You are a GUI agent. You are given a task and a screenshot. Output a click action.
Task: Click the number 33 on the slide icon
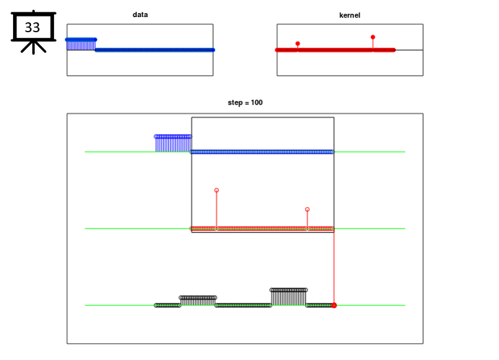point(32,28)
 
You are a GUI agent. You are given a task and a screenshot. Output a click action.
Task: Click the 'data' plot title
point(140,14)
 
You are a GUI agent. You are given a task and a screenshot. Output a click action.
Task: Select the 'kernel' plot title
point(350,15)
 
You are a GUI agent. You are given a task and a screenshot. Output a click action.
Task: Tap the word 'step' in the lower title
point(235,102)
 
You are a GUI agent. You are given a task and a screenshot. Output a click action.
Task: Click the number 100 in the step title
point(256,102)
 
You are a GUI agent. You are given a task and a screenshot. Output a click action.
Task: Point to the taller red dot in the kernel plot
point(373,37)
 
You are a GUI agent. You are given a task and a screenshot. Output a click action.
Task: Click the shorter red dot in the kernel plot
point(298,43)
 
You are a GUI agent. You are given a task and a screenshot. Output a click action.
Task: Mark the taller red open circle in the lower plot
point(217,190)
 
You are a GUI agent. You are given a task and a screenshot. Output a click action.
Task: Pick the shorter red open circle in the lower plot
point(307,210)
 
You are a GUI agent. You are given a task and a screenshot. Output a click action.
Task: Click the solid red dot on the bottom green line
point(334,305)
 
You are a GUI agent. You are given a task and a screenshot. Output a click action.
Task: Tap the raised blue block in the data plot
point(81,44)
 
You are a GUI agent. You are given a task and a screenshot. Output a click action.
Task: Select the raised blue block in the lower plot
point(173,144)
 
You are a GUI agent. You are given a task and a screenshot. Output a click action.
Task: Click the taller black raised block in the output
point(289,297)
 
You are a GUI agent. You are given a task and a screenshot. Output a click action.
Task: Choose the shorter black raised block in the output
point(198,300)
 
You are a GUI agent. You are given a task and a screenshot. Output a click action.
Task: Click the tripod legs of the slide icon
point(34,47)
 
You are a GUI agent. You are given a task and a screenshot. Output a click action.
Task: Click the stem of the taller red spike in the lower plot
point(217,210)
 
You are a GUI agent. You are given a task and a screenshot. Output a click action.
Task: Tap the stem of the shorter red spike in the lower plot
point(307,220)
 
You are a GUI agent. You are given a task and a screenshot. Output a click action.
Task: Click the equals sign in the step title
point(247,102)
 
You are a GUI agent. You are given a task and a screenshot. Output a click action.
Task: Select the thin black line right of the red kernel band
point(409,50)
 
